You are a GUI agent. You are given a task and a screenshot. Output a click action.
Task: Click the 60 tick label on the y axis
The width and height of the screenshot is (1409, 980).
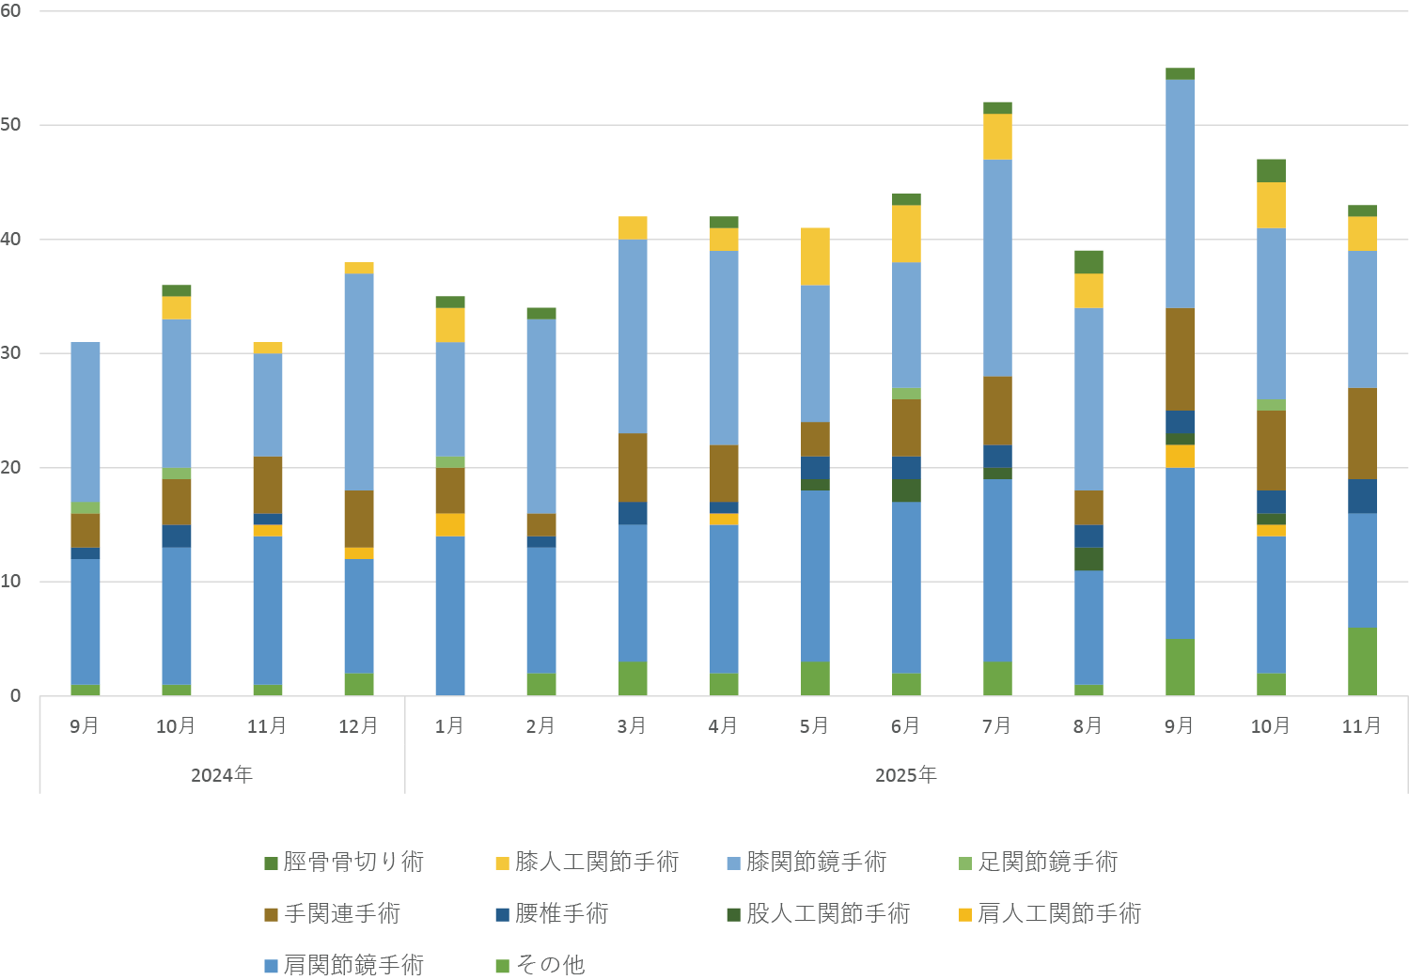pos(11,11)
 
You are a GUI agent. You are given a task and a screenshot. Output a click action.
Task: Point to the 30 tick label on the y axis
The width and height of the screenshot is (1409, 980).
pos(11,353)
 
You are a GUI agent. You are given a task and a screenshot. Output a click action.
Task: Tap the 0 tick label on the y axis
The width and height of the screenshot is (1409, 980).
pos(15,696)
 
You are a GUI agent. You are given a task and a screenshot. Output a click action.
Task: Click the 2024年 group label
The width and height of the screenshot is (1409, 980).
pos(222,775)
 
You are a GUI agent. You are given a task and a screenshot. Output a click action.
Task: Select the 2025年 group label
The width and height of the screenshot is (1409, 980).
pos(906,775)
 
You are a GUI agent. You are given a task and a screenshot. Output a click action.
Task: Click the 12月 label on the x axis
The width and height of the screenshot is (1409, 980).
pos(358,726)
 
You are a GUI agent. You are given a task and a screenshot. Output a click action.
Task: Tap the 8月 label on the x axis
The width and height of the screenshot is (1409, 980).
pos(1088,726)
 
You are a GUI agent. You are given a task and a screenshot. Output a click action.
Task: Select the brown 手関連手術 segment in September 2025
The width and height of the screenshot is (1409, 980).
pos(1180,359)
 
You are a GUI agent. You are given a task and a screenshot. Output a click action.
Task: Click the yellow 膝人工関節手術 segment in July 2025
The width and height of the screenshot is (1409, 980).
pos(997,137)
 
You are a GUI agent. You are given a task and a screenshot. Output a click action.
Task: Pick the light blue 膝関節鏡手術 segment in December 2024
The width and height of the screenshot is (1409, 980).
pos(358,381)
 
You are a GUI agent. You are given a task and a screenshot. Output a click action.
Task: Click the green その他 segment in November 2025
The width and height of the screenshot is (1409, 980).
pos(1362,661)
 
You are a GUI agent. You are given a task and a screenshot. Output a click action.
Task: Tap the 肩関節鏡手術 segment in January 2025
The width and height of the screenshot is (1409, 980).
pos(450,616)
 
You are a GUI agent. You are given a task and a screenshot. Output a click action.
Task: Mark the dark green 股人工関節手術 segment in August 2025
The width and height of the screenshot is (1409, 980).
pos(1088,559)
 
